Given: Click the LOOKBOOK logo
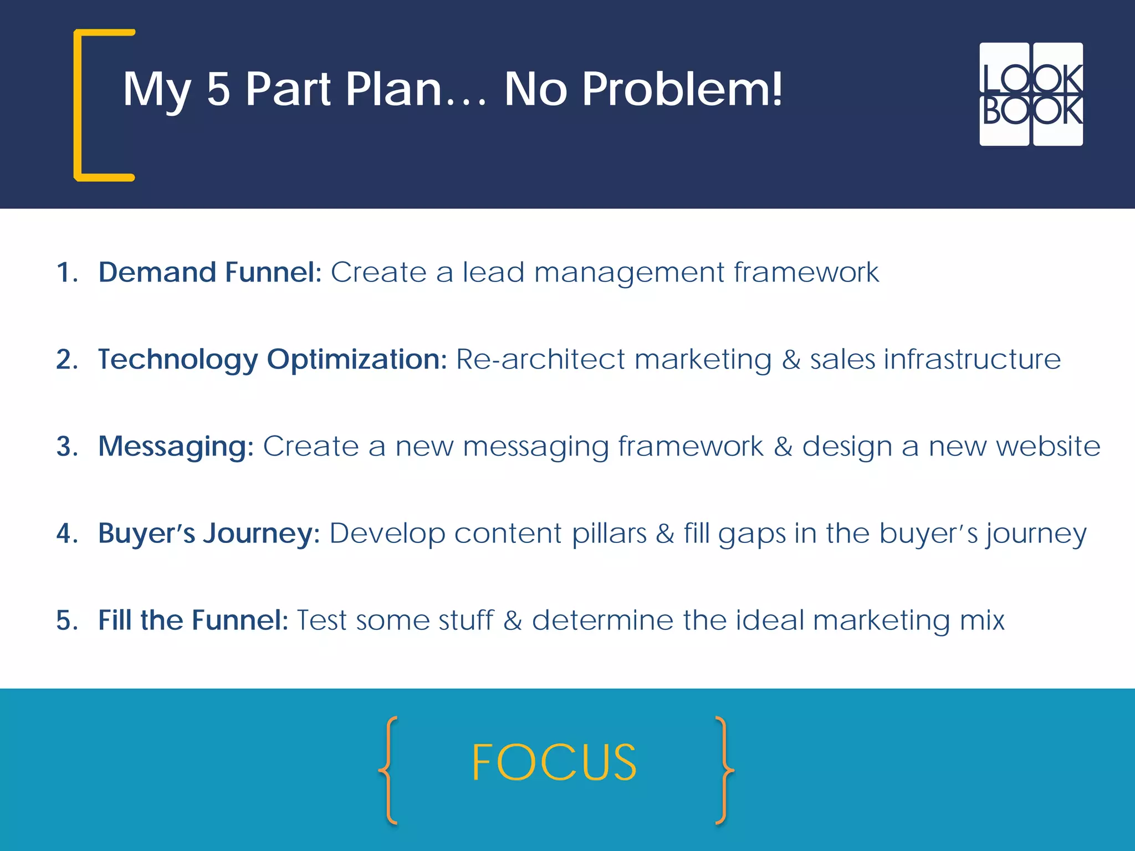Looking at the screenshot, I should pyautogui.click(x=1031, y=94).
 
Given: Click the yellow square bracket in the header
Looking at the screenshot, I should pyautogui.click(x=78, y=105).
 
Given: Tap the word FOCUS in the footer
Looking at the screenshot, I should pyautogui.click(x=554, y=763).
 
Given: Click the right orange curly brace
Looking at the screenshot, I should pyautogui.click(x=723, y=770).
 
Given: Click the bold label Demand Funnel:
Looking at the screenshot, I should pyautogui.click(x=209, y=272).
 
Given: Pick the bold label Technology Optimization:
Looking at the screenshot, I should pyautogui.click(x=272, y=359).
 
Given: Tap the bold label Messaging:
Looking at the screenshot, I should pyautogui.click(x=176, y=446).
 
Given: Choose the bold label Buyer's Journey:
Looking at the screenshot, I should pyautogui.click(x=209, y=533).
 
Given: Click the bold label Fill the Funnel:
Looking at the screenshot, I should pyautogui.click(x=193, y=620).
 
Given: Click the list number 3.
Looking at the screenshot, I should pyautogui.click(x=66, y=447).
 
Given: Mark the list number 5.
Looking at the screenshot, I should pyautogui.click(x=66, y=621).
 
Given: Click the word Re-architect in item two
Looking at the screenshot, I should pyautogui.click(x=540, y=359).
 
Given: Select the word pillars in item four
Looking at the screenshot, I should pyautogui.click(x=609, y=533).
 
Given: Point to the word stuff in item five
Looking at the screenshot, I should pyautogui.click(x=465, y=620).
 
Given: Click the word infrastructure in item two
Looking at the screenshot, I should pyautogui.click(x=972, y=359).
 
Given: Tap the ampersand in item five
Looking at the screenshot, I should pyautogui.click(x=513, y=620).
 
